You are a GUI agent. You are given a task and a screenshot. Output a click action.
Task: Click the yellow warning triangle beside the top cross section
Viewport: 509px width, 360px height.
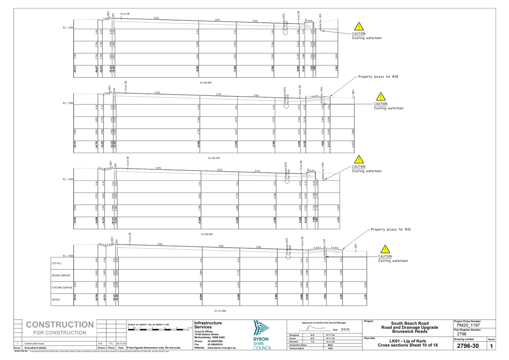(x=359, y=27)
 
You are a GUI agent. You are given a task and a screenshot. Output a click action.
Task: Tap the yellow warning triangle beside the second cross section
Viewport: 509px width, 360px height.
(x=380, y=96)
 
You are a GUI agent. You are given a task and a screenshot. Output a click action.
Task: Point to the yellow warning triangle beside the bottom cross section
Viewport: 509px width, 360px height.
(x=386, y=249)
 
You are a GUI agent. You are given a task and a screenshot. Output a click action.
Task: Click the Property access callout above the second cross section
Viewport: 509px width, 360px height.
(x=377, y=77)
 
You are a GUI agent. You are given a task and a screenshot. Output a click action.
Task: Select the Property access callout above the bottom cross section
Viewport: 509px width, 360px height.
(x=391, y=230)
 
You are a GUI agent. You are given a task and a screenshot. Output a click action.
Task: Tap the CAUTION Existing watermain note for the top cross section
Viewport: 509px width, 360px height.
(x=367, y=36)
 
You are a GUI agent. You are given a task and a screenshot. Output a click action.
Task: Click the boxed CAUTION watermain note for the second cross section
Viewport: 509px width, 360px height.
(x=389, y=106)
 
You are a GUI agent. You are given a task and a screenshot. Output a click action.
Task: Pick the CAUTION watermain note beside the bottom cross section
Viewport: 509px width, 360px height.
(x=393, y=259)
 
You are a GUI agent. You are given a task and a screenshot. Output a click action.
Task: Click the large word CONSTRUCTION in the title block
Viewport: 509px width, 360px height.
(x=60, y=325)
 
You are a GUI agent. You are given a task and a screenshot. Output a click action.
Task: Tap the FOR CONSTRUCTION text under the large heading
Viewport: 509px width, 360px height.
(x=60, y=333)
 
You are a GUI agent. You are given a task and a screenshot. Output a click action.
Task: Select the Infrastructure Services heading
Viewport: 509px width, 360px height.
(x=207, y=325)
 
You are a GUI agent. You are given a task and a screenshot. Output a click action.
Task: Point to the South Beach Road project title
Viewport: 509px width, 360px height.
(x=410, y=324)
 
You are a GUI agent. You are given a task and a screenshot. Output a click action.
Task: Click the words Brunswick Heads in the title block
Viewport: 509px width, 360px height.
(x=410, y=331)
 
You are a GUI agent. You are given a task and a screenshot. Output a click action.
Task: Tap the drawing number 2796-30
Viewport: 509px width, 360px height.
(x=468, y=346)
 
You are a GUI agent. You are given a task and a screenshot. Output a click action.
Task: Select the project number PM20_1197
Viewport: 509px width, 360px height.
(x=469, y=325)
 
